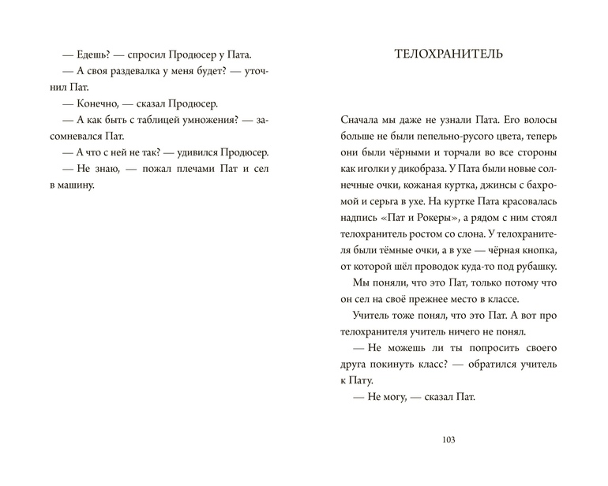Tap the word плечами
coord(188,168)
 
